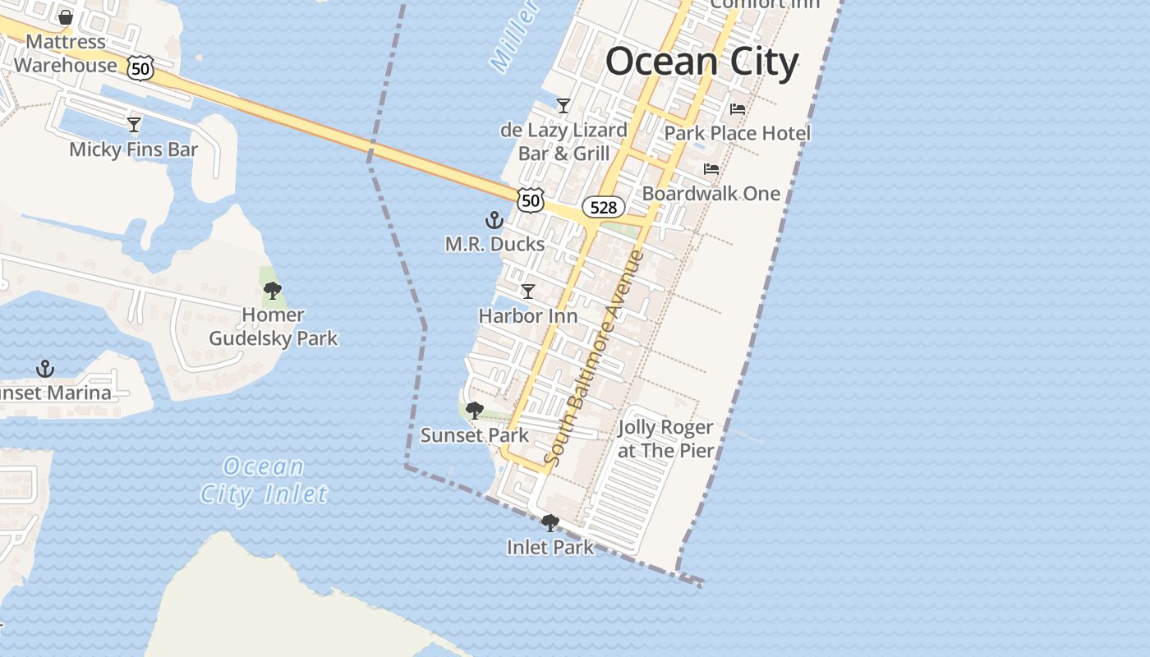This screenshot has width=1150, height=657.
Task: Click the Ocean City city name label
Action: (x=701, y=62)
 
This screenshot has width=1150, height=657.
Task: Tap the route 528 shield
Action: (x=604, y=207)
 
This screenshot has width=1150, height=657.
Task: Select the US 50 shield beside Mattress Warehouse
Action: (x=140, y=69)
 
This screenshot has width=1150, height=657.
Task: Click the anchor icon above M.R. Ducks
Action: (x=494, y=220)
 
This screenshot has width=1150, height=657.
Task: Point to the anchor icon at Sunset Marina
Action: (x=45, y=369)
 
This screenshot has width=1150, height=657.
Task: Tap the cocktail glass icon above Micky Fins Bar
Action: (x=134, y=125)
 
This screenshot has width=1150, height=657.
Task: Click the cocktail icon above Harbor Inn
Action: (x=528, y=292)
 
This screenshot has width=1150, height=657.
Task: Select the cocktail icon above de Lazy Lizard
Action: (x=563, y=106)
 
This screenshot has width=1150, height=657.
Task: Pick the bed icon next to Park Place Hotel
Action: (x=738, y=109)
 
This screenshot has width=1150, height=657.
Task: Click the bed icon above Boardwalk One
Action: (x=711, y=169)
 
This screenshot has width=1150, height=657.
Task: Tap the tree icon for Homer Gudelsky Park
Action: (x=273, y=290)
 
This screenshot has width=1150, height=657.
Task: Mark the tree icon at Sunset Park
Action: (x=474, y=411)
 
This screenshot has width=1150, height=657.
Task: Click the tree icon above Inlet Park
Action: (x=550, y=522)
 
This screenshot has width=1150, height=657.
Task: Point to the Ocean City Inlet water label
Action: (x=264, y=480)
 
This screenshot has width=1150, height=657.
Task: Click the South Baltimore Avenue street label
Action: (x=595, y=359)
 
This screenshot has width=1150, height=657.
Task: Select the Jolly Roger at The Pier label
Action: (x=665, y=439)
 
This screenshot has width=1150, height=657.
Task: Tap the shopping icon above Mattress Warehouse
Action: (x=66, y=17)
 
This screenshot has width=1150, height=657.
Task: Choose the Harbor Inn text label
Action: (x=528, y=316)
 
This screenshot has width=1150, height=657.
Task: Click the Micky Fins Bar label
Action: (x=134, y=149)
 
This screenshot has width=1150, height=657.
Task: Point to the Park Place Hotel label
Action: (x=737, y=133)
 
